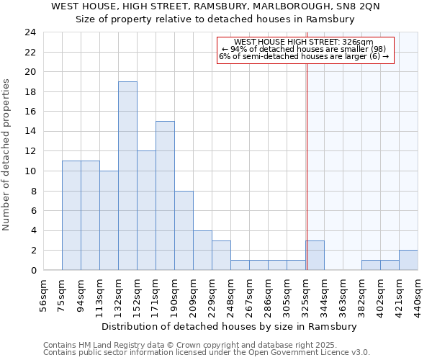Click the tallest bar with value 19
127,176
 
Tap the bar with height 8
184,230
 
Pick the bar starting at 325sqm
315,255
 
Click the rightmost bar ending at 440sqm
408,260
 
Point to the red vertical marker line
307,158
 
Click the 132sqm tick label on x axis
119,294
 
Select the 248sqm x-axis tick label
231,294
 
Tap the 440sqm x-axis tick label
418,294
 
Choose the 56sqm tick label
44,294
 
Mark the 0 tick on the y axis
32,271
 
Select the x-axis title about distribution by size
229,326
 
